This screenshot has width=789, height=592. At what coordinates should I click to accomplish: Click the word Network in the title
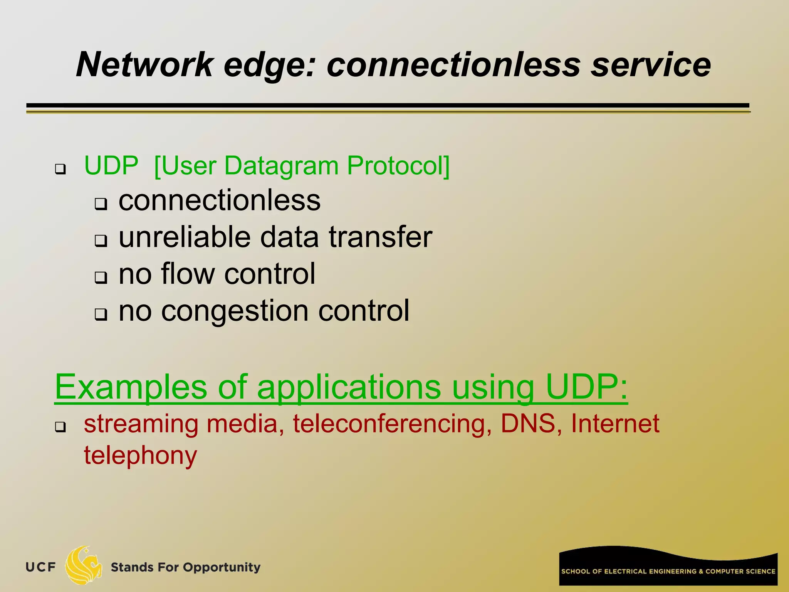(x=144, y=65)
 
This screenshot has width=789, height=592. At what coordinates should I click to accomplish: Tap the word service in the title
(x=651, y=65)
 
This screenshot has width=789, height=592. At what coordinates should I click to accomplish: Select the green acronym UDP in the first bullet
(x=111, y=166)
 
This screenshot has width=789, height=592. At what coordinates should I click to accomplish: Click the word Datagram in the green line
(x=281, y=166)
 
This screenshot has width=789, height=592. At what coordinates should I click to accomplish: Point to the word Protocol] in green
(x=398, y=166)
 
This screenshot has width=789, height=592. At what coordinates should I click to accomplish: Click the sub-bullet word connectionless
(x=219, y=200)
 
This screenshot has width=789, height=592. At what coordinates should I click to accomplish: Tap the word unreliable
(x=185, y=237)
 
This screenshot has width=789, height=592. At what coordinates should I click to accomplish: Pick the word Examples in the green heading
(x=131, y=387)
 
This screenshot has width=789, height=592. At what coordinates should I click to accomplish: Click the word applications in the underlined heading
(x=349, y=387)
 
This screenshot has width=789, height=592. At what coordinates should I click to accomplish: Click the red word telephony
(x=141, y=456)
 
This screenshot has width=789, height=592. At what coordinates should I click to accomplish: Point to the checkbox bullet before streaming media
(x=60, y=427)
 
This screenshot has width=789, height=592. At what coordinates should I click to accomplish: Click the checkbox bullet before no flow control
(x=101, y=277)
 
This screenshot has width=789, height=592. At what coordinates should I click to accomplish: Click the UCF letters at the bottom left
(x=41, y=567)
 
